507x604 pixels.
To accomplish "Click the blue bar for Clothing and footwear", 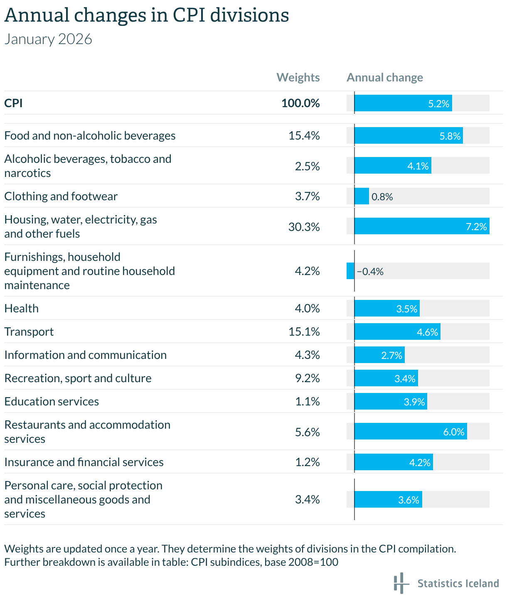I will point(362,196).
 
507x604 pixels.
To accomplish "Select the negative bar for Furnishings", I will point(350,271).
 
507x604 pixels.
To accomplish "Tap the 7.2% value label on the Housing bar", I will point(476,226).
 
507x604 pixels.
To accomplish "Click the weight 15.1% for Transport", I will point(304,331).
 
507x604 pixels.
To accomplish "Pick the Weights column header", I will point(298,77).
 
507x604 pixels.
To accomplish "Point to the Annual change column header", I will point(385,77).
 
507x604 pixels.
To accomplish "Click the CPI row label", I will point(13,103).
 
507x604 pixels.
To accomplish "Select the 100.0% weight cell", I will point(300,103).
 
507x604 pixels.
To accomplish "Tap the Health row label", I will point(22,308).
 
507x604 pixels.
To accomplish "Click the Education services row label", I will point(52,401).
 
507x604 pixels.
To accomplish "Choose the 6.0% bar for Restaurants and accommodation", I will point(411,431).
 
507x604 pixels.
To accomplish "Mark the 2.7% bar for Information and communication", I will point(379,355).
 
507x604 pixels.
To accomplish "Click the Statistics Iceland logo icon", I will point(401,583).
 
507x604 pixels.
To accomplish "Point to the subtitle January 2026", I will point(48,39).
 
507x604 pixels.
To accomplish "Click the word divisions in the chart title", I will point(249,16).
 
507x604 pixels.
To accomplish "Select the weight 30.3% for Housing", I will point(304,227).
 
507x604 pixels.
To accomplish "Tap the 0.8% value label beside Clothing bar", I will point(382,196).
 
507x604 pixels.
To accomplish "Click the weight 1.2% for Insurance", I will point(308,462).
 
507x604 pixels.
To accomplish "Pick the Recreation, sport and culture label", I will point(78,378).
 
